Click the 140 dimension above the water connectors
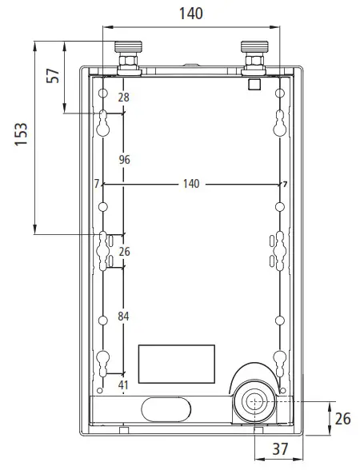(190, 14)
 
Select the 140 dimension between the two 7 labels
(190, 184)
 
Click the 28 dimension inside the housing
(123, 98)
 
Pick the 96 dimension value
(124, 160)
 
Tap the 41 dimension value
(123, 385)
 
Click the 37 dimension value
(279, 450)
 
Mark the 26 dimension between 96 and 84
(123, 252)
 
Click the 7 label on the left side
(96, 184)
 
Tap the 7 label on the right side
(284, 184)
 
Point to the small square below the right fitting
(254, 83)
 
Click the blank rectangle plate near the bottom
(177, 364)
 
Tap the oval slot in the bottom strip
(166, 408)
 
